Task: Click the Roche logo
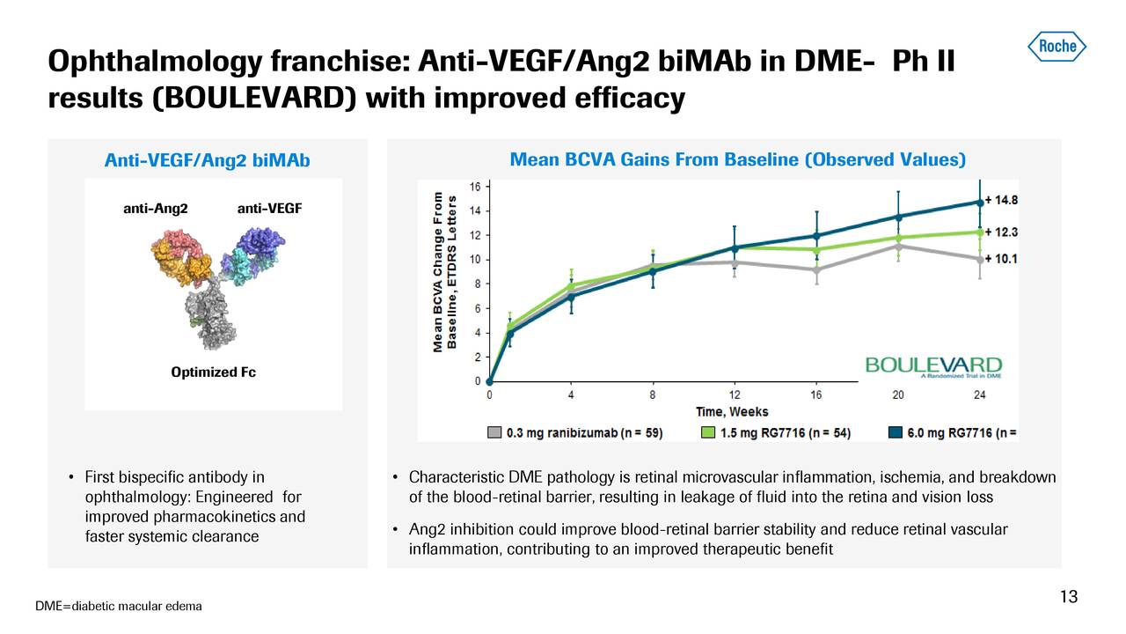point(1057,45)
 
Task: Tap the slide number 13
point(1068,598)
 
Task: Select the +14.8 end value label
point(1002,200)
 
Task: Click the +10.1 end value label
point(1002,259)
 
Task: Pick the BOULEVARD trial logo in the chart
point(933,366)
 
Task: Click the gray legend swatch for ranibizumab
point(495,432)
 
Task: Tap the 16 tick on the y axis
point(474,187)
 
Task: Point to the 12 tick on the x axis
point(734,394)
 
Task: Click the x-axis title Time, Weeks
point(733,411)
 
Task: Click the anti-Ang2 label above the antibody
point(155,209)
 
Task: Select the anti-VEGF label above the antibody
point(269,209)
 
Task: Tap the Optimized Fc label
point(213,372)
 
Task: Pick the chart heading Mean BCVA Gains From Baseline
point(737,159)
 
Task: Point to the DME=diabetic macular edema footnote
point(119,606)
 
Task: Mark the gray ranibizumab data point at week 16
point(816,269)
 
